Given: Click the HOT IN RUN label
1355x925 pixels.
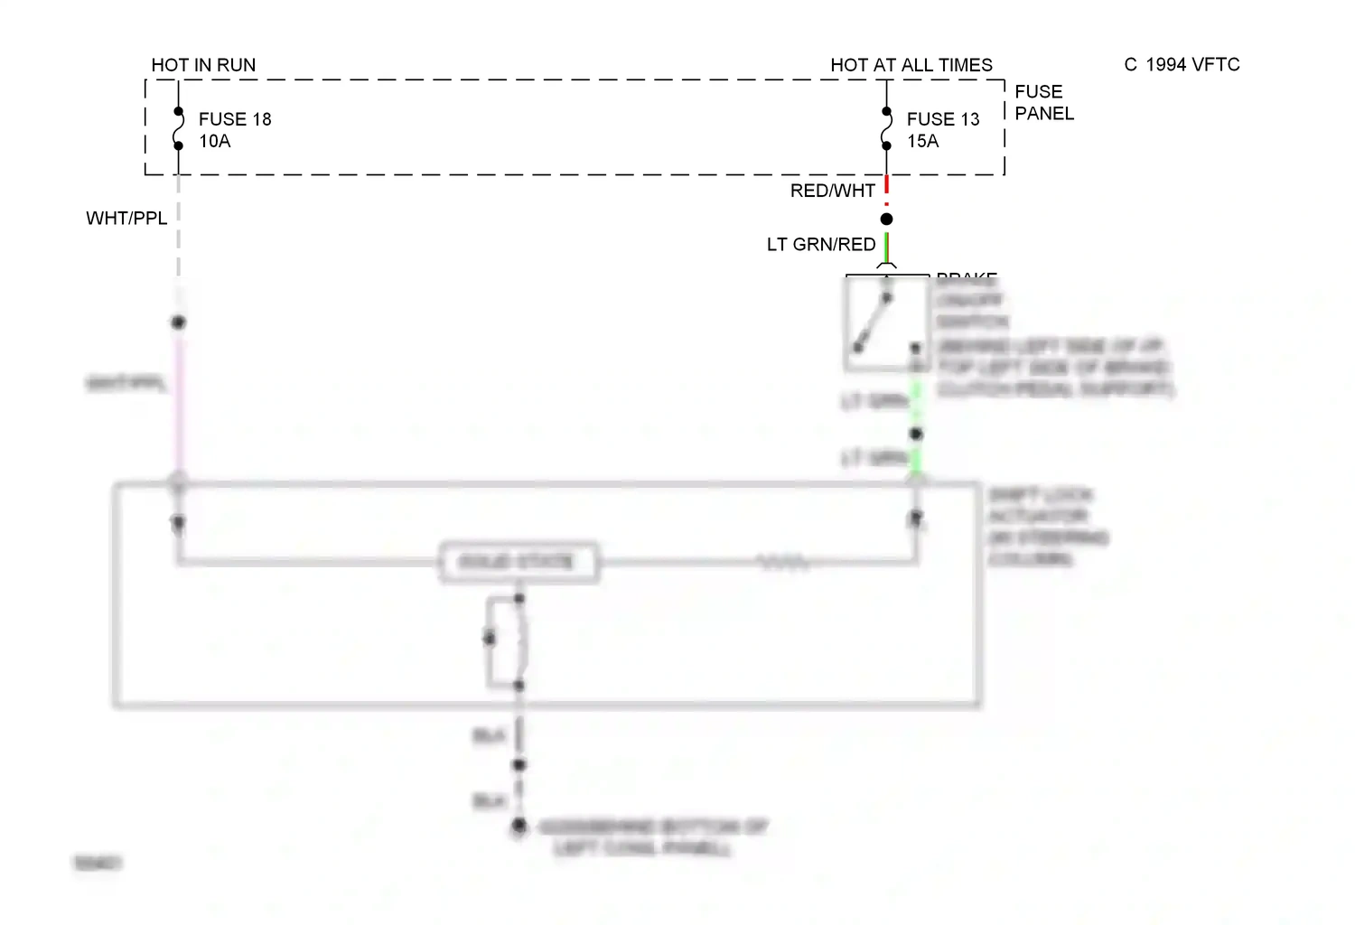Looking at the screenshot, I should coord(203,65).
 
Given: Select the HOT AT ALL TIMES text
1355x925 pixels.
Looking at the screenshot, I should coord(911,65).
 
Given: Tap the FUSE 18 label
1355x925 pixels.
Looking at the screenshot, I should coord(235,119).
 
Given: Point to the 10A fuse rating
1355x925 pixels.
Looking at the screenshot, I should coord(215,141).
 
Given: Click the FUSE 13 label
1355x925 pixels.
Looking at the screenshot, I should coord(943,119).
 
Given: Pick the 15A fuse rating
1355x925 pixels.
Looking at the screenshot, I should coord(923,141).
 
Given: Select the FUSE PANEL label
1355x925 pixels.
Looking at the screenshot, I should coord(1044,102).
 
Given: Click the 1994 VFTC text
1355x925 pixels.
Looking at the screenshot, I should coord(1192,65).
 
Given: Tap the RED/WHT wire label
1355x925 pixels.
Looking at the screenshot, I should coord(832,191).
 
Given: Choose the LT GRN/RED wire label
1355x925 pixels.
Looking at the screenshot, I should coord(821,245).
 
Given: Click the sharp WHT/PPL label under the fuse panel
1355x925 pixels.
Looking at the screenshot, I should coord(126,219).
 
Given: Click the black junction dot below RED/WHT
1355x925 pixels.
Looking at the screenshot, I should coord(887,220).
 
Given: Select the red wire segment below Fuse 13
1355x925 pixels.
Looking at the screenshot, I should coord(887,186).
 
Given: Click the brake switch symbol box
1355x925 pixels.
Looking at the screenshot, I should coord(886,322).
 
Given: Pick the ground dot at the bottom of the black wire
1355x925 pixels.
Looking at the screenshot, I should coord(519,826).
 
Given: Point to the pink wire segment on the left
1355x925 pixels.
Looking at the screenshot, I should coord(179,397).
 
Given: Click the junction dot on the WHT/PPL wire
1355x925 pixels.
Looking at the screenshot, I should coord(179,322).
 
